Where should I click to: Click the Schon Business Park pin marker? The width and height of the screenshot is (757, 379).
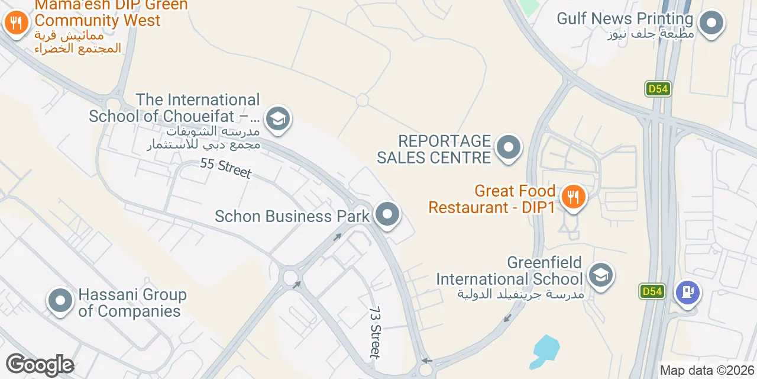(388, 214)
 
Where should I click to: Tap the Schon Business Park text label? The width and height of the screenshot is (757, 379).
(292, 216)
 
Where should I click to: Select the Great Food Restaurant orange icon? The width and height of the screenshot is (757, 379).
(572, 197)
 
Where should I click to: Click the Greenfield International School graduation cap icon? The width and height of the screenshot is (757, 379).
(601, 275)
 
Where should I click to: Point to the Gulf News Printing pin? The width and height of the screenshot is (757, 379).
(711, 24)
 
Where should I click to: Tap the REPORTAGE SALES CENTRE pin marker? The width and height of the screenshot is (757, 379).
(508, 147)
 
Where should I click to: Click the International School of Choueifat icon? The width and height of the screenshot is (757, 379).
(277, 118)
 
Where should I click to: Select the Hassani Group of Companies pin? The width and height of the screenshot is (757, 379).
(60, 301)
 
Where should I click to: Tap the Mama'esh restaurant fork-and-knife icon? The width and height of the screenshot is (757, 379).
(16, 23)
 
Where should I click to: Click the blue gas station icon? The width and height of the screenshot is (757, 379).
(688, 292)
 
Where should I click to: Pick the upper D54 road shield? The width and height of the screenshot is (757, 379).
(658, 89)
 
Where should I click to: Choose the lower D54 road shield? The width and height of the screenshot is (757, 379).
(652, 291)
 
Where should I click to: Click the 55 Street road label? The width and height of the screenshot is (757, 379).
(226, 168)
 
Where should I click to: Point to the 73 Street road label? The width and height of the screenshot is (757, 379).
(376, 332)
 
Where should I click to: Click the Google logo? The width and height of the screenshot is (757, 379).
(40, 365)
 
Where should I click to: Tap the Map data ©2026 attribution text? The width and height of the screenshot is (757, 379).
(707, 371)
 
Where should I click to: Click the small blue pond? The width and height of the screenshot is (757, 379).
(545, 350)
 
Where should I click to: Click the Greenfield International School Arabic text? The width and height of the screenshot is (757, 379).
(520, 294)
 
